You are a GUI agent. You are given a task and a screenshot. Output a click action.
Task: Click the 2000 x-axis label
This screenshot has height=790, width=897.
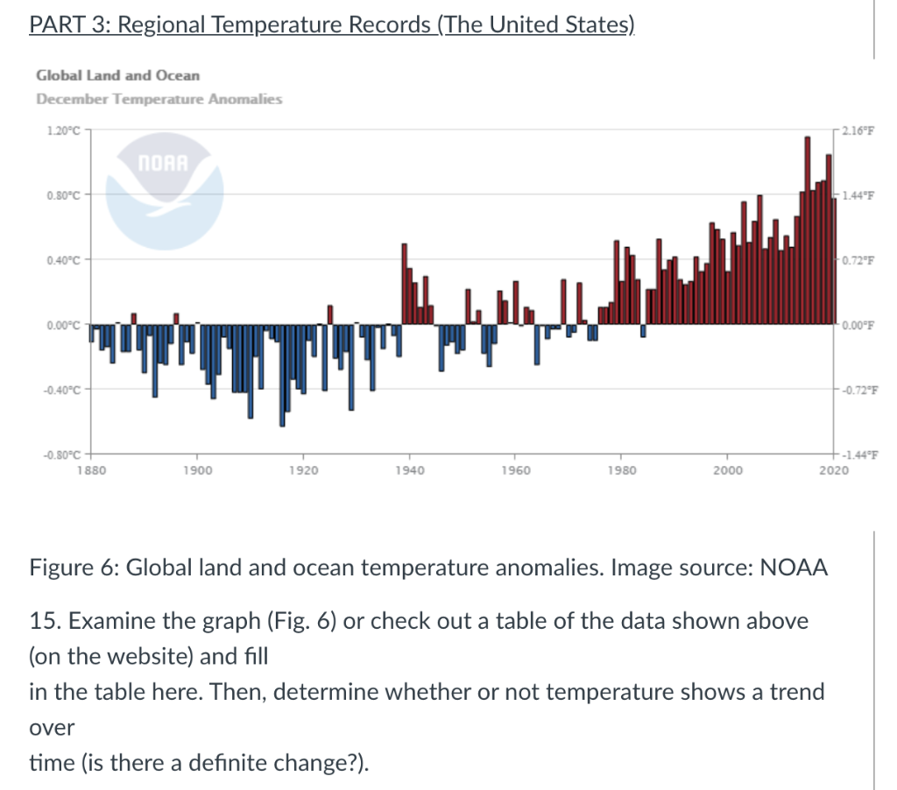click(x=726, y=470)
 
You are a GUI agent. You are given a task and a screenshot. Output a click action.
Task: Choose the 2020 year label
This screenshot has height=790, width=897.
click(x=833, y=470)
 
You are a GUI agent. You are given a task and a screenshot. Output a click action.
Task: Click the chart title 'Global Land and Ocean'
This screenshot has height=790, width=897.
click(x=117, y=76)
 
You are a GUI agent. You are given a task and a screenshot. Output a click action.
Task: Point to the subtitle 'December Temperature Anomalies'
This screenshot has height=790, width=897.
click(x=159, y=99)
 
